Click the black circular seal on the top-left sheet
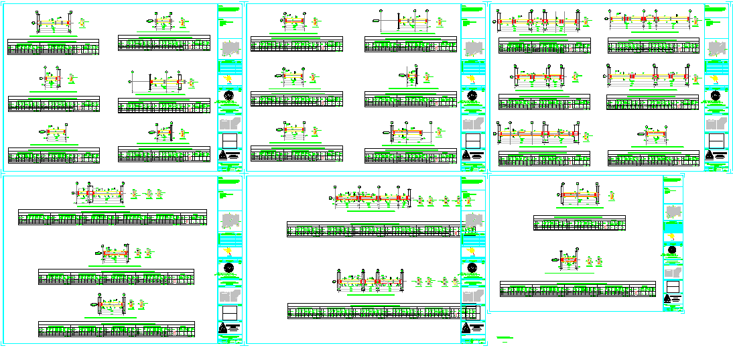pos(229,95)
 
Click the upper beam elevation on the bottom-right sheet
pos(579,196)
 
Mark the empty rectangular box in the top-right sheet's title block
pos(716,141)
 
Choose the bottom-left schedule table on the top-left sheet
pos(54,158)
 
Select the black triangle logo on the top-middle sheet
pos(472,157)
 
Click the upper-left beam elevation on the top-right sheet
pos(540,23)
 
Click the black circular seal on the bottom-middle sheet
pos(472,267)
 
